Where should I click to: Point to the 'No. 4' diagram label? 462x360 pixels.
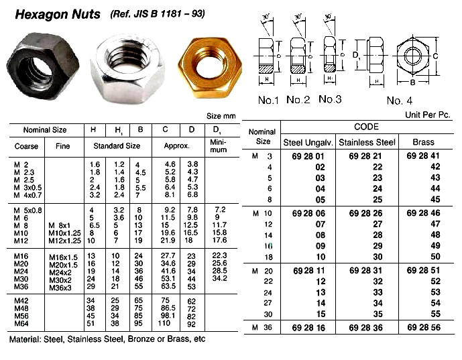[x=411, y=101]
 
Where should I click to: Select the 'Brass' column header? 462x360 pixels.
[x=424, y=142]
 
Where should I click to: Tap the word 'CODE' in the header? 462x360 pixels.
[x=366, y=127]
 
